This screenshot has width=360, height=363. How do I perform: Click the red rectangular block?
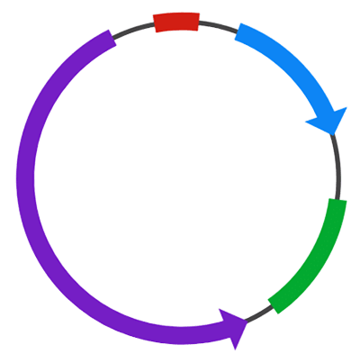point(176,23)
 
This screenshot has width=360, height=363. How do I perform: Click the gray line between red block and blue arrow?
point(217,25)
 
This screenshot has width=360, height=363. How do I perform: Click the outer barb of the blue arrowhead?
point(347,110)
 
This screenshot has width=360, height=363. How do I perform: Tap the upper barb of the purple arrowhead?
point(221,309)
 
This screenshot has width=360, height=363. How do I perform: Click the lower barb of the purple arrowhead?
point(238,349)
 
